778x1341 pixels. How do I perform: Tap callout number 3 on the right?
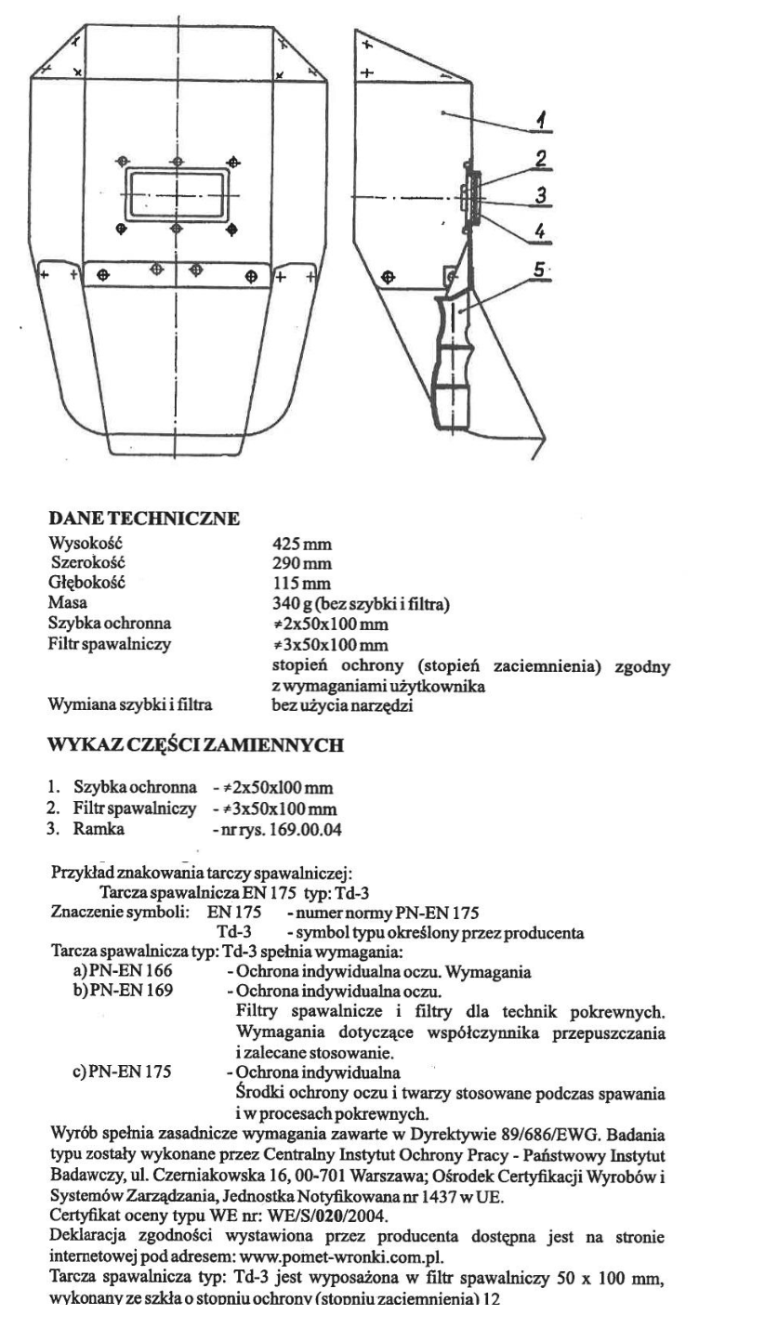point(539,194)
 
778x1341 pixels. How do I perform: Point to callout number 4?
point(538,230)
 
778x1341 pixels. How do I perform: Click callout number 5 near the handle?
point(539,269)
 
